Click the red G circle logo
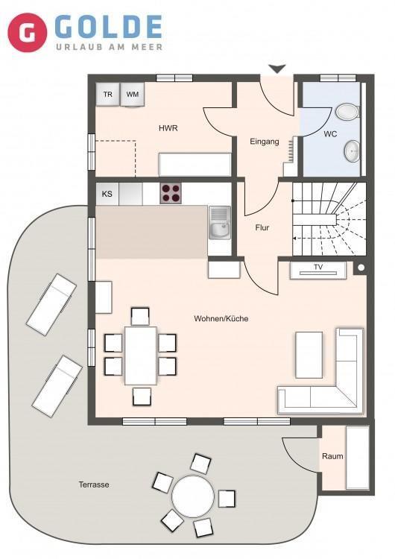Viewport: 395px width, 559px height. point(28,33)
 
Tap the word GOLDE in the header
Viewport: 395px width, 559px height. point(109,27)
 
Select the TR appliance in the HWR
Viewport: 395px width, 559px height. point(107,95)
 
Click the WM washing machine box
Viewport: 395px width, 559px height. point(132,95)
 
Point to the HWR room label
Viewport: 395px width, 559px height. point(168,128)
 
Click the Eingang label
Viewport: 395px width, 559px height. point(264,142)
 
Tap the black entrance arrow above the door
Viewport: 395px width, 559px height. point(277,69)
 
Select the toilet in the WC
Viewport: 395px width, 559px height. point(347,112)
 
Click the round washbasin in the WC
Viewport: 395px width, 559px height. point(353,151)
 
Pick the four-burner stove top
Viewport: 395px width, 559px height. point(171,193)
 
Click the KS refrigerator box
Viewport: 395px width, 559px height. point(107,194)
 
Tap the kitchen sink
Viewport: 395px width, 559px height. point(220,223)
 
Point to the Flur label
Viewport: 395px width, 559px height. point(262,227)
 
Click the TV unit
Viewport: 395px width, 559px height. point(318,271)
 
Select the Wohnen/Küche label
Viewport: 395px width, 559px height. point(221,318)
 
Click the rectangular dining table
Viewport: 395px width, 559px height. point(141,356)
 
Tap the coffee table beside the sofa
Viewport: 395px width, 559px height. point(309,355)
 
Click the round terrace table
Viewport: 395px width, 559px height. point(193,496)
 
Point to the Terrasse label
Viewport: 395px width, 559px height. point(94,484)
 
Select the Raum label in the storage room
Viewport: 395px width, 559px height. point(332,456)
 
